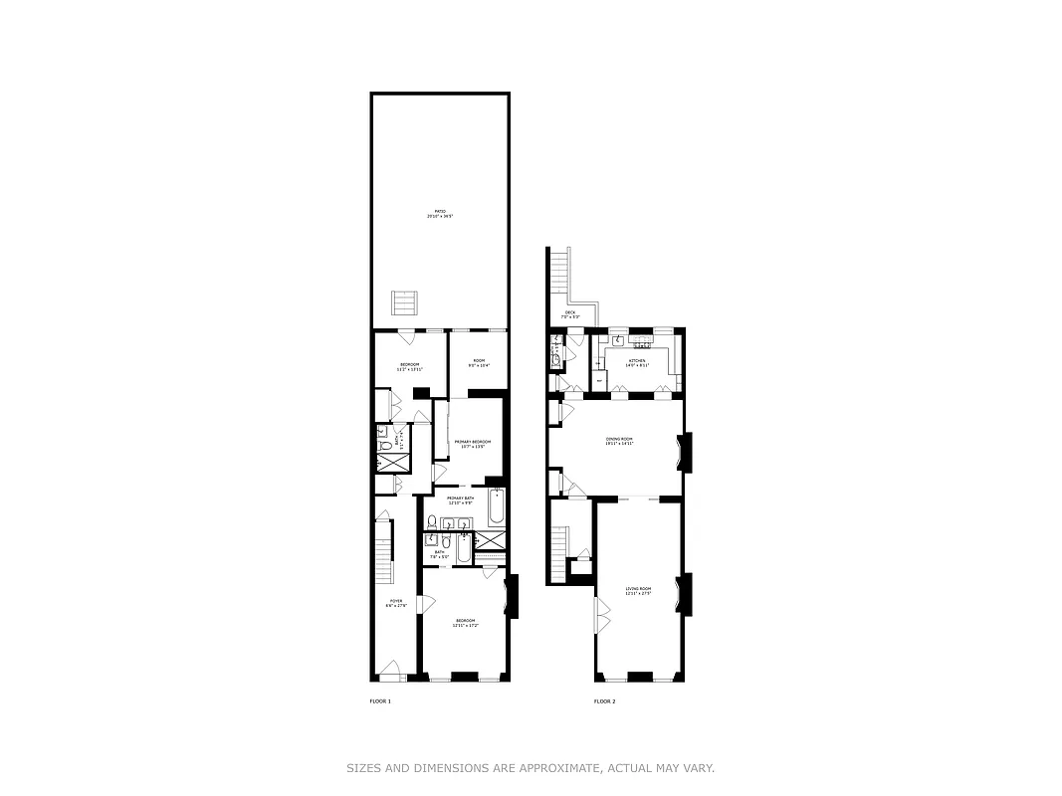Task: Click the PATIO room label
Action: (x=440, y=213)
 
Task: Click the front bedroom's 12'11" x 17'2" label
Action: (x=466, y=624)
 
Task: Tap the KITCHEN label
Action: (x=636, y=362)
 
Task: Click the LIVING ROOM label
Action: (x=637, y=591)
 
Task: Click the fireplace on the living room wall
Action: (x=683, y=594)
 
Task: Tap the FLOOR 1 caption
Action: (x=380, y=701)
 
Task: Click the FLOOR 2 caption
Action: (x=604, y=701)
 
